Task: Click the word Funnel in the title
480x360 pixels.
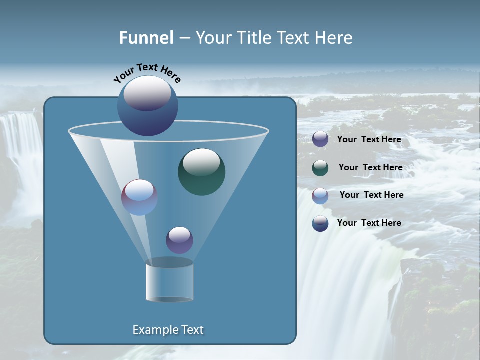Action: [x=146, y=38]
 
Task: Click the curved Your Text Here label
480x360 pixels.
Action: [x=147, y=73]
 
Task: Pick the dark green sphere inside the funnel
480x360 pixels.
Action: [x=201, y=172]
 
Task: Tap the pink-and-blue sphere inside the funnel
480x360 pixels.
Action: [x=139, y=197]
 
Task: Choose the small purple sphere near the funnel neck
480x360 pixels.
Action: [x=179, y=240]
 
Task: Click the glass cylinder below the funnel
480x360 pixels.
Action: [x=169, y=281]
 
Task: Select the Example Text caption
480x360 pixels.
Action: [x=168, y=330]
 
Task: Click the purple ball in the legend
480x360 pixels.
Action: [x=320, y=139]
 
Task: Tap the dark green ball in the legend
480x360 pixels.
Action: [x=320, y=168]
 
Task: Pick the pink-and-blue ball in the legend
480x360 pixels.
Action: [x=320, y=196]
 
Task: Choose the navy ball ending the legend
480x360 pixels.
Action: [x=320, y=223]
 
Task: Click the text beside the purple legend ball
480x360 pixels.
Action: [x=369, y=140]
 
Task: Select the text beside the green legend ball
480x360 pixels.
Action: [x=370, y=168]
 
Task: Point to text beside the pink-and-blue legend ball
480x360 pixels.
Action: [x=371, y=195]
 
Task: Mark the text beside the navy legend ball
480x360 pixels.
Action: [x=369, y=223]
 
